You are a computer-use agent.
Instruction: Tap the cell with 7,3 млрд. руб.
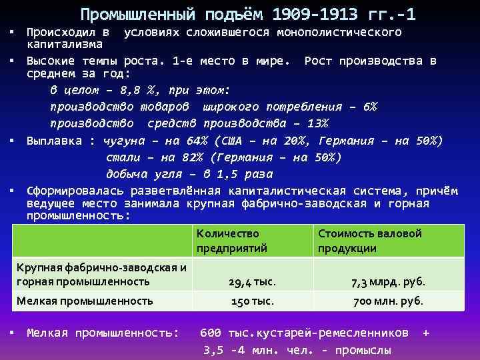tap(387, 283)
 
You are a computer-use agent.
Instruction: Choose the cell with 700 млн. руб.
tap(388, 301)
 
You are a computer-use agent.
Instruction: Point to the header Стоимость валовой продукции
tap(370, 241)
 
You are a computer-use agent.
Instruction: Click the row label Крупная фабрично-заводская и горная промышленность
tap(100, 275)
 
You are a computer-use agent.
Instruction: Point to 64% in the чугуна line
tap(199, 141)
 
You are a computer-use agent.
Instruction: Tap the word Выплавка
tap(55, 141)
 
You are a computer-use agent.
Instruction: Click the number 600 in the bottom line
tap(211, 332)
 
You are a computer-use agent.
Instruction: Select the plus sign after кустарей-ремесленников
tap(425, 332)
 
